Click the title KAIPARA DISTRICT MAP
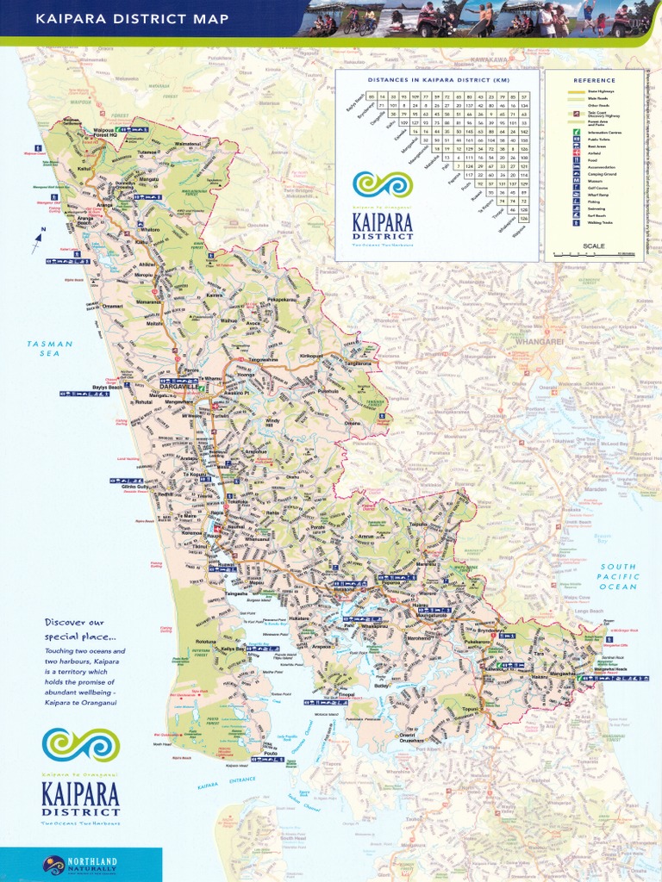point(132,18)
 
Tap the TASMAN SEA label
point(50,348)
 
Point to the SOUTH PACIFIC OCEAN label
point(618,577)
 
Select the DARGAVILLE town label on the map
point(177,388)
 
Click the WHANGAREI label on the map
point(539,341)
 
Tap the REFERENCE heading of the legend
point(595,81)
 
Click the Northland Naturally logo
point(80,865)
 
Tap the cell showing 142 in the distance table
point(523,131)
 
